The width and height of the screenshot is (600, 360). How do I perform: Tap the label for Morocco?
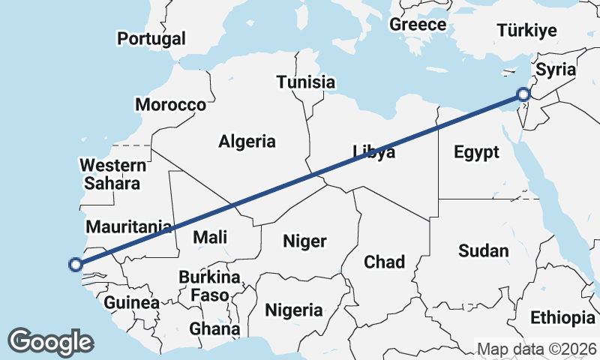pos(170,105)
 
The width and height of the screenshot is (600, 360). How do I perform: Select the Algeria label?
pos(247,141)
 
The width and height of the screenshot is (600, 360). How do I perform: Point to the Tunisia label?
pos(305,82)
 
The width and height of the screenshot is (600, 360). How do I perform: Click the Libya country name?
pos(374,153)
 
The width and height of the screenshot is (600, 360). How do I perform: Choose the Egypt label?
pos(476,153)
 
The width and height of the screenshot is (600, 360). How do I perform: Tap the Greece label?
pos(418,24)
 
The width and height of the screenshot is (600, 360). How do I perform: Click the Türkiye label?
pos(527,31)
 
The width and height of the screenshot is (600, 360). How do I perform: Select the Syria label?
pos(556,70)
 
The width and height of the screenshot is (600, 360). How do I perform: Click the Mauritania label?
pos(129,226)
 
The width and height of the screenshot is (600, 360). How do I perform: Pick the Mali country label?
pos(210,238)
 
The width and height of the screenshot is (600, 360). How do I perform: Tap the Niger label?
pos(304,241)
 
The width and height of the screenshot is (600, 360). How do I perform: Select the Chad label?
pos(384,262)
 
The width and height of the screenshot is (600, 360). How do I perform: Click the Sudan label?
pos(484,250)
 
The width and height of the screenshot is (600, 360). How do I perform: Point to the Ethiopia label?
pos(562,318)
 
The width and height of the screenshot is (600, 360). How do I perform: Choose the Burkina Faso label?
pos(210,286)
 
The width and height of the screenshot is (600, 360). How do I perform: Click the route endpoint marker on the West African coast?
pos(75,264)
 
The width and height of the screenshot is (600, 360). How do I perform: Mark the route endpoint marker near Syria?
pos(523,94)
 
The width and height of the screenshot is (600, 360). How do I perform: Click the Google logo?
pos(51,341)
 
